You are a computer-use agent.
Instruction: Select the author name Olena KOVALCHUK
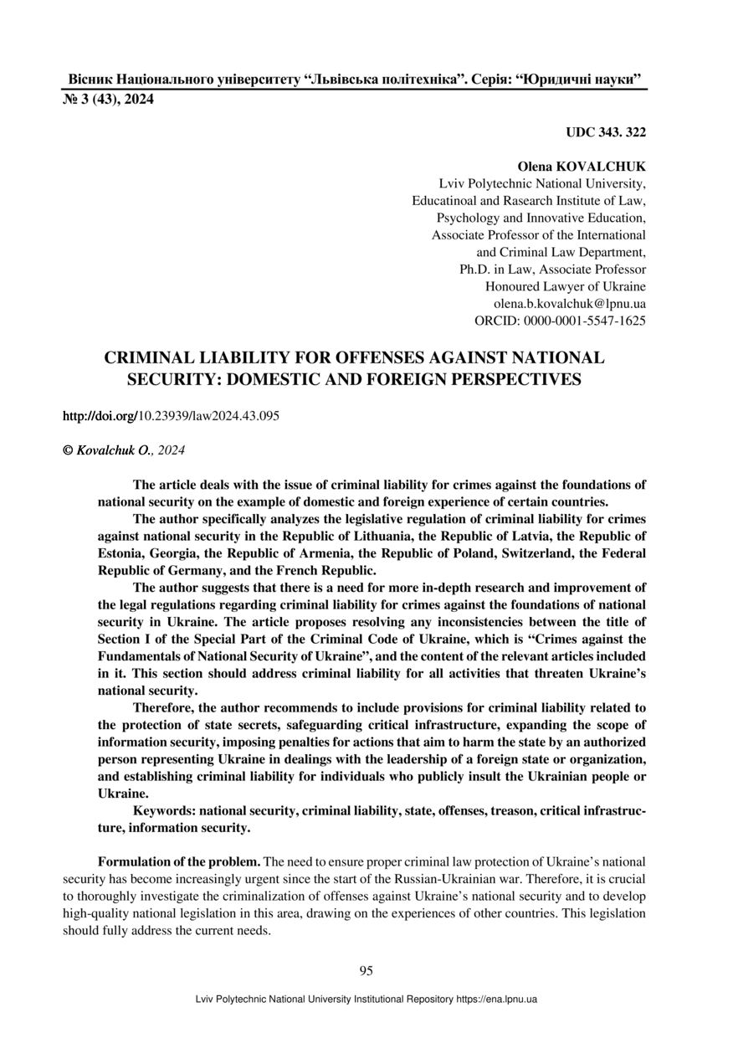[581, 167]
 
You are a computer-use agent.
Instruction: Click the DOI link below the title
[171, 416]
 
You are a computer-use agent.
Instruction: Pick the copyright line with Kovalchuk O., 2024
[124, 450]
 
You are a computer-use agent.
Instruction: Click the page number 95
[366, 971]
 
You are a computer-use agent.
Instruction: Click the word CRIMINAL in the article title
[152, 358]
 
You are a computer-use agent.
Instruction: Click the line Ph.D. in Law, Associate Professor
[552, 270]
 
